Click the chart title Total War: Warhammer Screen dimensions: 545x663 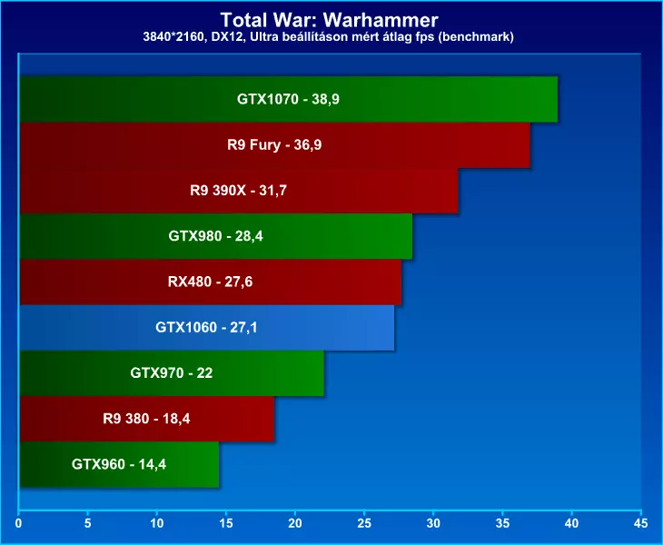331,19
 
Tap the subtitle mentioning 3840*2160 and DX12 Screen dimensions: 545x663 331,36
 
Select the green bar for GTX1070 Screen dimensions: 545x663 288,99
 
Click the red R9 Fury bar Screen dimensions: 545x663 274,145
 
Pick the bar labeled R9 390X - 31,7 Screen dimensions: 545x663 238,191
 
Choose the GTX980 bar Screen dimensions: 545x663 215,236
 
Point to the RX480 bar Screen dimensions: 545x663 210,282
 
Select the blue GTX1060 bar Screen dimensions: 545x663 206,328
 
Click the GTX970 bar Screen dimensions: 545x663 171,373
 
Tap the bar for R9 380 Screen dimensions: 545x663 146,419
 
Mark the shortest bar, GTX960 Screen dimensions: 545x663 118,465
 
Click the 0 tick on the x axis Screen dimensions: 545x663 19,523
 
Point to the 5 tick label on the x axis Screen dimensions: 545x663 88,523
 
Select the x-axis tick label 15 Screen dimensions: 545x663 226,523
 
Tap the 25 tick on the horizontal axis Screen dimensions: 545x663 364,523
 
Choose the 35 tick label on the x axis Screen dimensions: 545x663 502,523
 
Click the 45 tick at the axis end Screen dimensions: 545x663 640,523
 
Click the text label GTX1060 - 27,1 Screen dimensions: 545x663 206,328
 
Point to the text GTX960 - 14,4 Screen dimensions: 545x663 118,465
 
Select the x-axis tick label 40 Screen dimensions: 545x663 571,523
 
